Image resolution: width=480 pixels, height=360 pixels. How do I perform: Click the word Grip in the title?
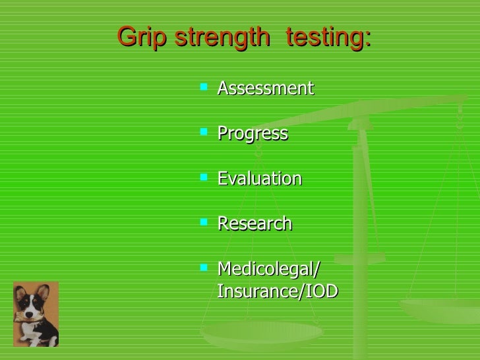pyautogui.click(x=142, y=38)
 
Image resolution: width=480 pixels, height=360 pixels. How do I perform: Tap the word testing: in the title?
pyautogui.click(x=325, y=38)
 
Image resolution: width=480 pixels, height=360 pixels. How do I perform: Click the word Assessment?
pyautogui.click(x=265, y=88)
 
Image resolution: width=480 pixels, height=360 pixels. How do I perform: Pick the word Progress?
pyautogui.click(x=253, y=133)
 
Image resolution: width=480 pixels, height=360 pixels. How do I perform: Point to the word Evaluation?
pyautogui.click(x=259, y=179)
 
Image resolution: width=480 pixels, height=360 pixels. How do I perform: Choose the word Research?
pyautogui.click(x=255, y=224)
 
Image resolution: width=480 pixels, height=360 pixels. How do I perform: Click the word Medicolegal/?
pyautogui.click(x=268, y=269)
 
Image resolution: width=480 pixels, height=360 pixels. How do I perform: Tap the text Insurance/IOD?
pyautogui.click(x=277, y=291)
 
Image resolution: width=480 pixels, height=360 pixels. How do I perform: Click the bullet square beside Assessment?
pyautogui.click(x=204, y=86)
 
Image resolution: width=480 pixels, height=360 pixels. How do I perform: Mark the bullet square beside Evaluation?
pyautogui.click(x=204, y=176)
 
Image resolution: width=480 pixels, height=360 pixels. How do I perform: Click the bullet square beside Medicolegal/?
pyautogui.click(x=204, y=266)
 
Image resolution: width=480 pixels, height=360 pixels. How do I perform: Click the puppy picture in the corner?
pyautogui.click(x=36, y=314)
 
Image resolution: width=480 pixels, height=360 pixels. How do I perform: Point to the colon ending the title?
pyautogui.click(x=368, y=41)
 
